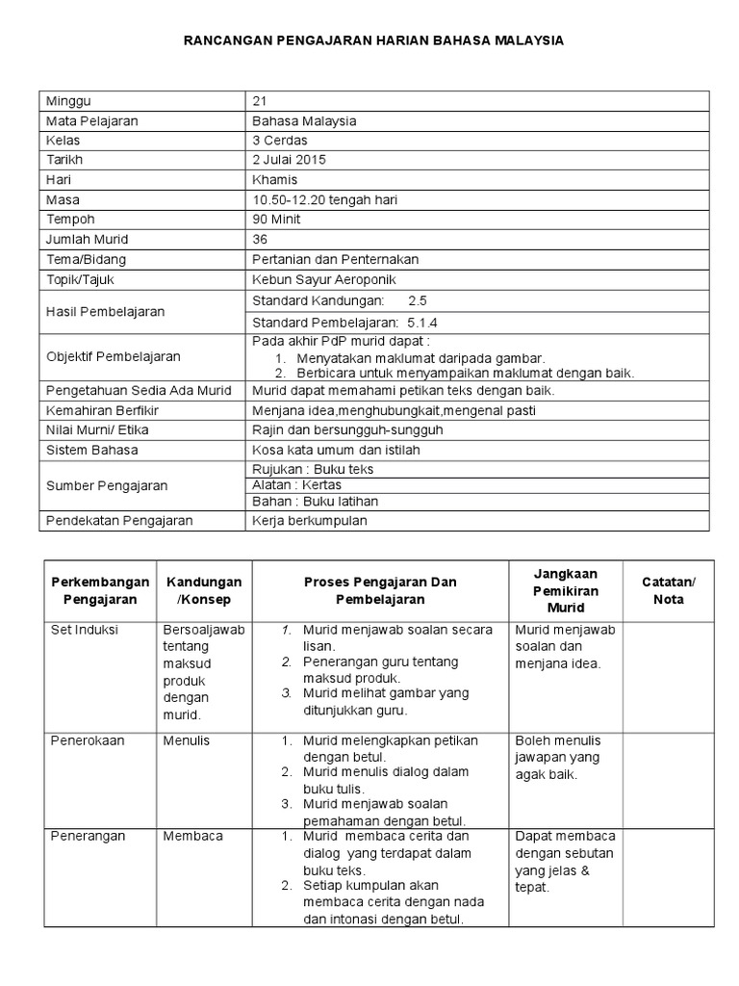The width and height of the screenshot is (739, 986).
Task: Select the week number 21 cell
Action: tap(259, 101)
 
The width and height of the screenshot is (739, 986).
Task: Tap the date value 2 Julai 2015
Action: tap(289, 160)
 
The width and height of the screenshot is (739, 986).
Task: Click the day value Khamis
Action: tap(275, 180)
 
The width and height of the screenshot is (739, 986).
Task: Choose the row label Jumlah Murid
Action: tap(87, 239)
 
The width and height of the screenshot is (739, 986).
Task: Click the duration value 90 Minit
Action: tap(276, 220)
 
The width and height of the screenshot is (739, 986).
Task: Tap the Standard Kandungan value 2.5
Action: tap(418, 301)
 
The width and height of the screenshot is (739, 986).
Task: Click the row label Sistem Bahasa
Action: tap(92, 450)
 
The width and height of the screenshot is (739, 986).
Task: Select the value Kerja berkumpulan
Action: tap(310, 521)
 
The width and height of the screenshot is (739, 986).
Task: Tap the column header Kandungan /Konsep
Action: tap(204, 590)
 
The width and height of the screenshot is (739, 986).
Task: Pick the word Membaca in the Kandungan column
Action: tap(192, 836)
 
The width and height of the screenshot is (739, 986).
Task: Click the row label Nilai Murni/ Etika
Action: tap(97, 430)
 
